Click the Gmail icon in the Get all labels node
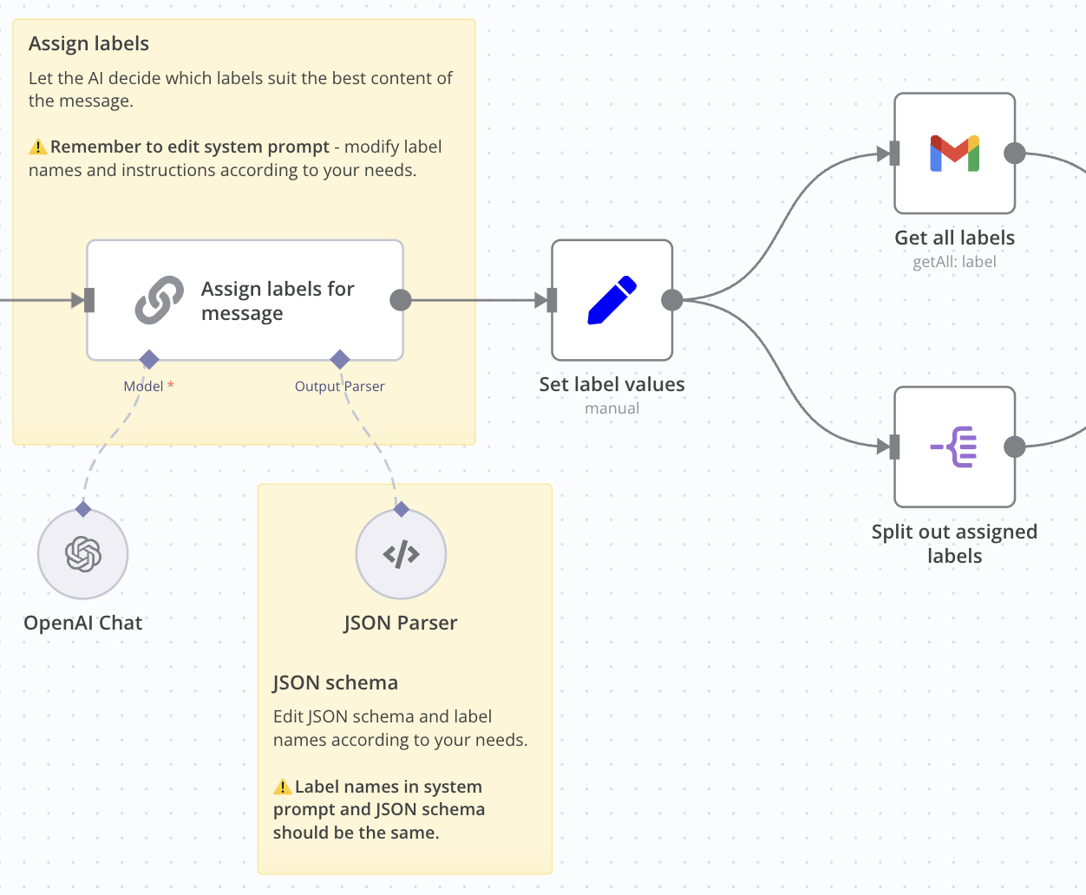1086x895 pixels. coord(954,154)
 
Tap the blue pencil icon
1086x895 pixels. coord(612,300)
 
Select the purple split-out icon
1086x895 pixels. coord(954,447)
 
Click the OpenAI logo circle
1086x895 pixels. coord(83,554)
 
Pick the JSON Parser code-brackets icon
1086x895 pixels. coord(401,554)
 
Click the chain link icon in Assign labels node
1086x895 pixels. coord(159,300)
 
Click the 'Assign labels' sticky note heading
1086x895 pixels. coord(88,44)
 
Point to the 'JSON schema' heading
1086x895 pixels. coord(335,683)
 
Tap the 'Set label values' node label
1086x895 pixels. coord(612,384)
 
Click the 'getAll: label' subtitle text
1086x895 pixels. coord(954,262)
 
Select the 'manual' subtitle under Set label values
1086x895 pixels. coord(612,408)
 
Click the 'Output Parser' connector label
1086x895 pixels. coord(339,387)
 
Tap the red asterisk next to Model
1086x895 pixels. coord(171,385)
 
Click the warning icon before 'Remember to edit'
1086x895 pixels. coord(37,147)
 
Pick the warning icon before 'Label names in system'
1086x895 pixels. coord(282,787)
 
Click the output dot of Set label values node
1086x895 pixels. coord(672,300)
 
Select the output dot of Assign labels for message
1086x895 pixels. coord(401,300)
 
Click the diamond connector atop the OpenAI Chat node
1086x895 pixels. coord(83,508)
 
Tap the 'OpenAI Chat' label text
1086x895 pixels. coord(83,623)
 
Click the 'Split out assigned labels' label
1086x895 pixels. coord(954,544)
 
